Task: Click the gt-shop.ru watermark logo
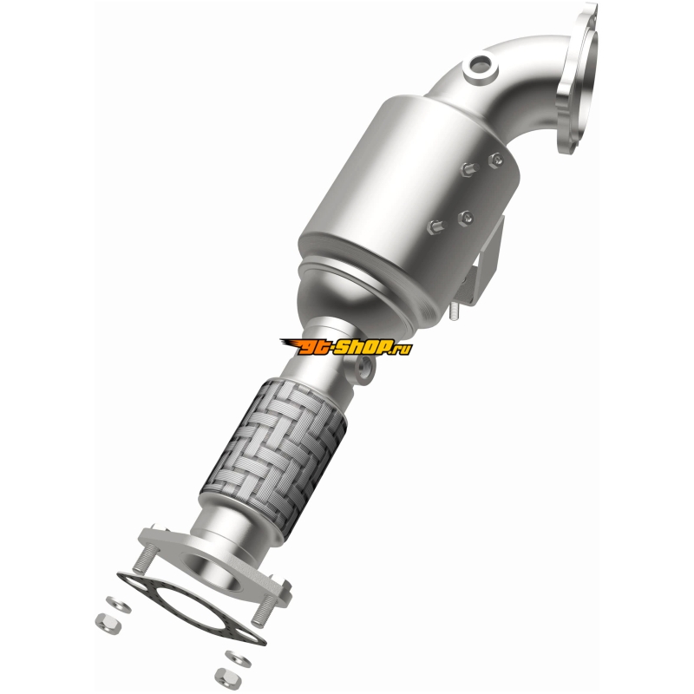pyautogui.click(x=346, y=346)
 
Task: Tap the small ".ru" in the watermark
pyautogui.click(x=403, y=348)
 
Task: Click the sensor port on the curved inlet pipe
pyautogui.click(x=481, y=69)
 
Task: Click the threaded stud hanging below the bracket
pyautogui.click(x=454, y=312)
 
